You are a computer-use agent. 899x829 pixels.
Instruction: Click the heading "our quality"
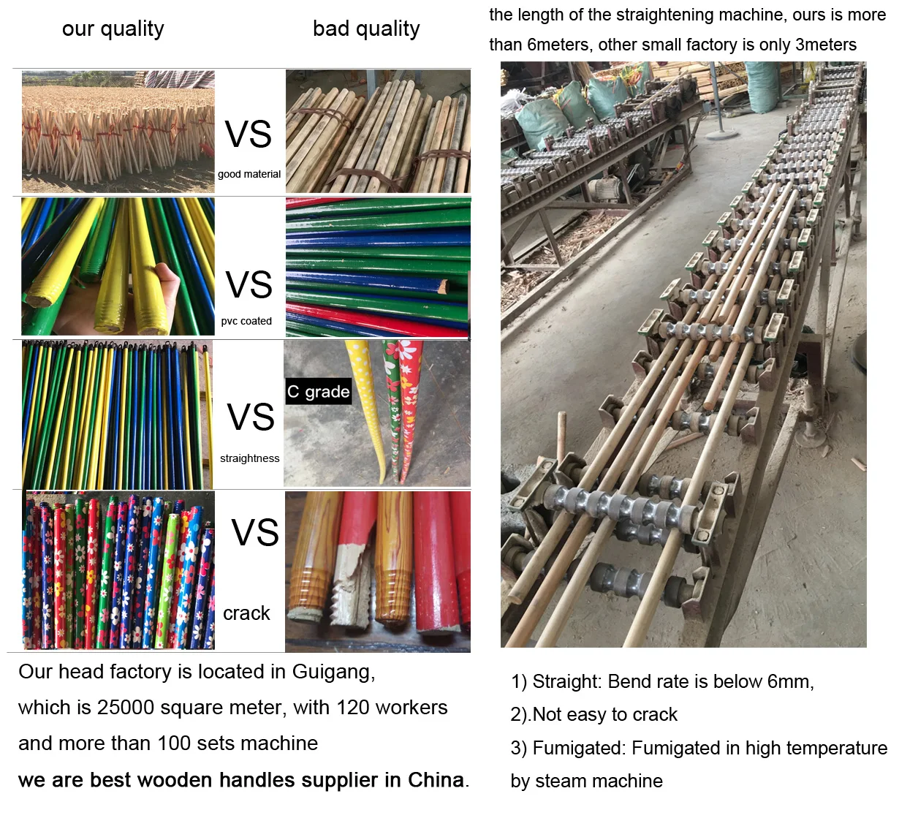(113, 29)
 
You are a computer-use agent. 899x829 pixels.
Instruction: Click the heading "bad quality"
(366, 29)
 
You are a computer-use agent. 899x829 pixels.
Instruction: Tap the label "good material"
(249, 174)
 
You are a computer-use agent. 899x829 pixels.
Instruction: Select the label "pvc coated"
(246, 321)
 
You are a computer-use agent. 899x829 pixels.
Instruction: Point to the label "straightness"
(249, 458)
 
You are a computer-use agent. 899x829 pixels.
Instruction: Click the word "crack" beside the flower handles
(246, 613)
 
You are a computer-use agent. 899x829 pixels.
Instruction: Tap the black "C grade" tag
(318, 392)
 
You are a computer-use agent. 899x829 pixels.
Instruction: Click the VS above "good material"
(249, 135)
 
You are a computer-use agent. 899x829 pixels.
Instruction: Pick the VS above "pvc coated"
(249, 285)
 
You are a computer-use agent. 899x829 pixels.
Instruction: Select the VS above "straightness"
(251, 417)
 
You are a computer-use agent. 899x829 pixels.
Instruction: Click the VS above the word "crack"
(255, 533)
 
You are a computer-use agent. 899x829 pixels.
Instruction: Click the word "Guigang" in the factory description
(333, 672)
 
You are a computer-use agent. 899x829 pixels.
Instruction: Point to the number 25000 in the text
(126, 708)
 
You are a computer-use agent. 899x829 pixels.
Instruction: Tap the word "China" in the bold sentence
(436, 780)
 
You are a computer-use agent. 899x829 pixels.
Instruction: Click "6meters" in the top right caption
(558, 45)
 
